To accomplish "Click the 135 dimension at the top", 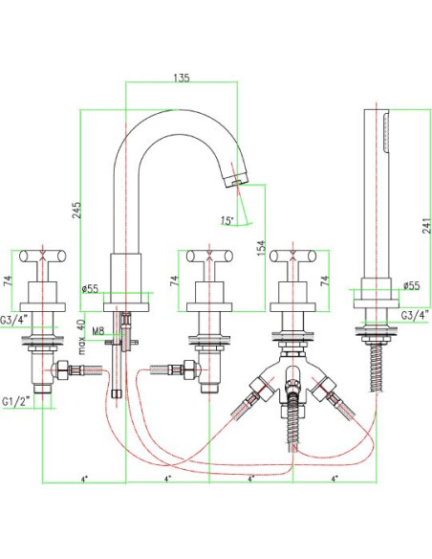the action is (x=182, y=78).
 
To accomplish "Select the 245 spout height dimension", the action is (x=77, y=211).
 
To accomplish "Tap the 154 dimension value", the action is (x=261, y=248).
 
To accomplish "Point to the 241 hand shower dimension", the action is (x=426, y=225).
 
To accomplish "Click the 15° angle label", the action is (x=227, y=221).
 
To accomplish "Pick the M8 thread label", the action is (x=97, y=331).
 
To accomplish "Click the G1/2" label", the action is (x=16, y=401).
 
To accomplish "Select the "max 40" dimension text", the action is (x=82, y=337).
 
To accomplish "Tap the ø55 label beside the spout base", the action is (x=89, y=289).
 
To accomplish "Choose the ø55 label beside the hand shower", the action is (x=411, y=285).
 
